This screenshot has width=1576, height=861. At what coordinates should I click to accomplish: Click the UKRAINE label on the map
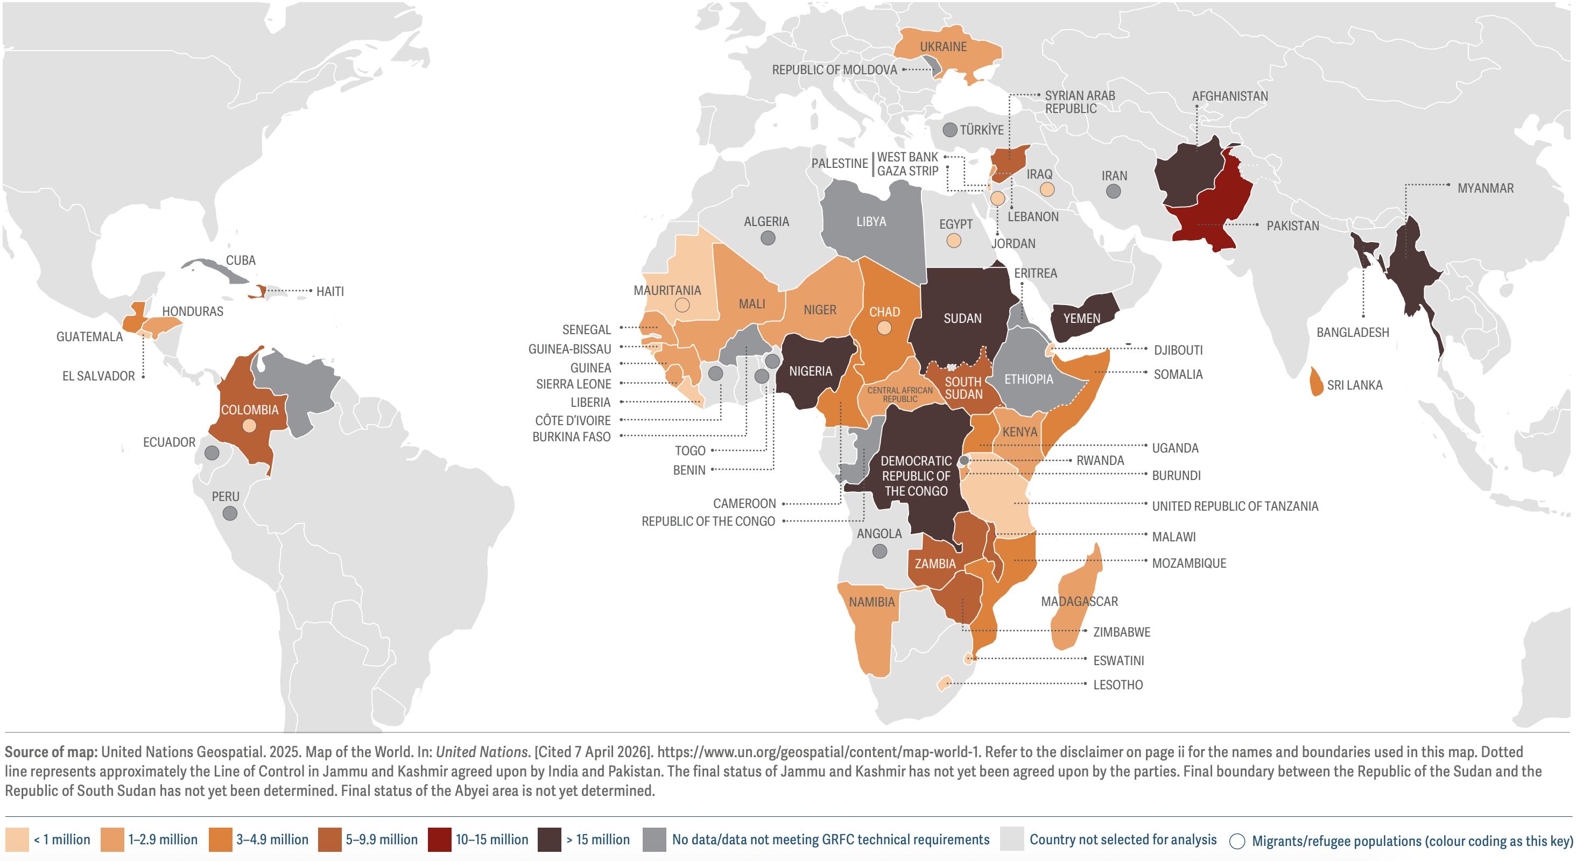[943, 47]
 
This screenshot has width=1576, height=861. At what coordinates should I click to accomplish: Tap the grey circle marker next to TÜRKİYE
[949, 130]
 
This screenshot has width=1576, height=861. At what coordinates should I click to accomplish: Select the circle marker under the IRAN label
[1114, 192]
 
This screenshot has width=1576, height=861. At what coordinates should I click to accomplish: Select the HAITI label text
[330, 292]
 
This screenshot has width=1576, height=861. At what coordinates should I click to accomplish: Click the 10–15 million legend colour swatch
[439, 839]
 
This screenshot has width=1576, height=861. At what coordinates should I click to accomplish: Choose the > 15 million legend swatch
[549, 839]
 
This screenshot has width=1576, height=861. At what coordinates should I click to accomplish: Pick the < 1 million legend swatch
[17, 839]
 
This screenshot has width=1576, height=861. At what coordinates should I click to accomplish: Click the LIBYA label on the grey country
[870, 222]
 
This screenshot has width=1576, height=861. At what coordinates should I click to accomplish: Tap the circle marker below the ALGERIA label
[768, 238]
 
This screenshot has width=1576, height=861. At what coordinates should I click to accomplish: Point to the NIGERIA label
[810, 371]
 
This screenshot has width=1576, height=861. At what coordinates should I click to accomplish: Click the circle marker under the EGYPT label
[953, 241]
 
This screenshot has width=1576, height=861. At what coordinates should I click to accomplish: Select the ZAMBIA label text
[935, 564]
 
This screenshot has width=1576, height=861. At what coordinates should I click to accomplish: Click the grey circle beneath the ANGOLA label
[880, 551]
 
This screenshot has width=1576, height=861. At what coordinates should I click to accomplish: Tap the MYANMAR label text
[1485, 188]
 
